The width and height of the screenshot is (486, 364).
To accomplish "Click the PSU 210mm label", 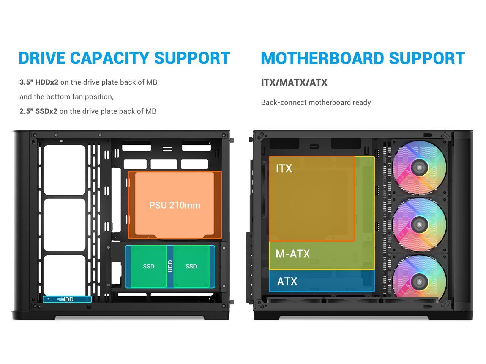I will click(x=175, y=205).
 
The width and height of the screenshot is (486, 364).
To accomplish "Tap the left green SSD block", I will click(x=148, y=266).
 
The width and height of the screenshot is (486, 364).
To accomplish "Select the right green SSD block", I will click(x=191, y=266).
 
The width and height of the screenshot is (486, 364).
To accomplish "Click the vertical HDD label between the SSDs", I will click(x=170, y=266).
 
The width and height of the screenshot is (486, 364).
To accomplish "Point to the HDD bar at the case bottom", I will click(x=67, y=299).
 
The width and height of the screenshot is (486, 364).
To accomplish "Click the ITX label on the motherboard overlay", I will click(x=284, y=168).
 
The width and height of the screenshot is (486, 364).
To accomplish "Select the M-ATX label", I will click(x=293, y=254).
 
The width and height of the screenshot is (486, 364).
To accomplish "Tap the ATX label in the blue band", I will click(x=287, y=281).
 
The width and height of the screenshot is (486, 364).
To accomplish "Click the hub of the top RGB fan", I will click(x=419, y=167).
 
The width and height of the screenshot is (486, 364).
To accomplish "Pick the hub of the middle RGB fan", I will click(x=419, y=225).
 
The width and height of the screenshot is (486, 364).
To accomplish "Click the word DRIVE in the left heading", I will click(x=42, y=58).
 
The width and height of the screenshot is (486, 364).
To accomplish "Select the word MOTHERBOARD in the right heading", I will click(x=322, y=58).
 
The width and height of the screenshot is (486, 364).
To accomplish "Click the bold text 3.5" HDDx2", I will click(x=39, y=82).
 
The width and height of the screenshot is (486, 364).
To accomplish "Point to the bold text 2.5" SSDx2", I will click(x=38, y=111).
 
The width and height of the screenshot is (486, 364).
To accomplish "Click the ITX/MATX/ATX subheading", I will click(x=294, y=83).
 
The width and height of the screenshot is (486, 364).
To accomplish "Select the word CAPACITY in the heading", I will click(x=109, y=58).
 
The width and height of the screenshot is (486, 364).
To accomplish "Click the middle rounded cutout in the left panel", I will click(x=65, y=225).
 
